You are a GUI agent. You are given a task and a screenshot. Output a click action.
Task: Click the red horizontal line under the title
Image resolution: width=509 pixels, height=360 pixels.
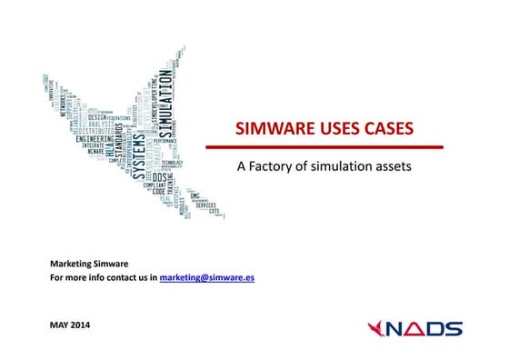pyautogui.click(x=324, y=146)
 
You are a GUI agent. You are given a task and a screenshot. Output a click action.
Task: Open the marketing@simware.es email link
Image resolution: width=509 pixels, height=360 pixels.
pyautogui.click(x=206, y=277)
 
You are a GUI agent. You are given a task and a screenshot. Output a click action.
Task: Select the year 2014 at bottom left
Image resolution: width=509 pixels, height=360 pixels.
pyautogui.click(x=82, y=325)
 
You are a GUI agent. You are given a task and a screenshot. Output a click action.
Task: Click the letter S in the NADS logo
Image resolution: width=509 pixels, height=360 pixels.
pyautogui.click(x=453, y=329)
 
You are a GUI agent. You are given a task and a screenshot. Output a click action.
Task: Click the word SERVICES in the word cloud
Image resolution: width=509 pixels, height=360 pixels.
pyautogui.click(x=205, y=205)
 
